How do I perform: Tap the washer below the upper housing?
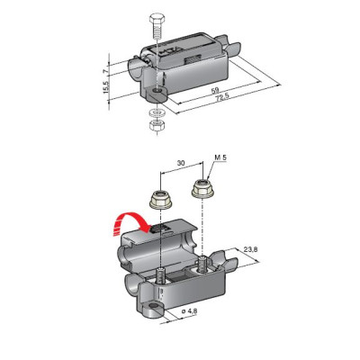tap(157, 112)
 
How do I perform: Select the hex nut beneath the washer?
tap(157, 124)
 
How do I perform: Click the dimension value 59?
tap(215, 90)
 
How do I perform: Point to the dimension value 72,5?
tap(222, 96)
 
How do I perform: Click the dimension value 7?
tap(104, 71)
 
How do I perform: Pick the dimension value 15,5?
tap(105, 86)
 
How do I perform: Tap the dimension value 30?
tap(181, 163)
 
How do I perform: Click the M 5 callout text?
tap(220, 157)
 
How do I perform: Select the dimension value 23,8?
tap(251, 249)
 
